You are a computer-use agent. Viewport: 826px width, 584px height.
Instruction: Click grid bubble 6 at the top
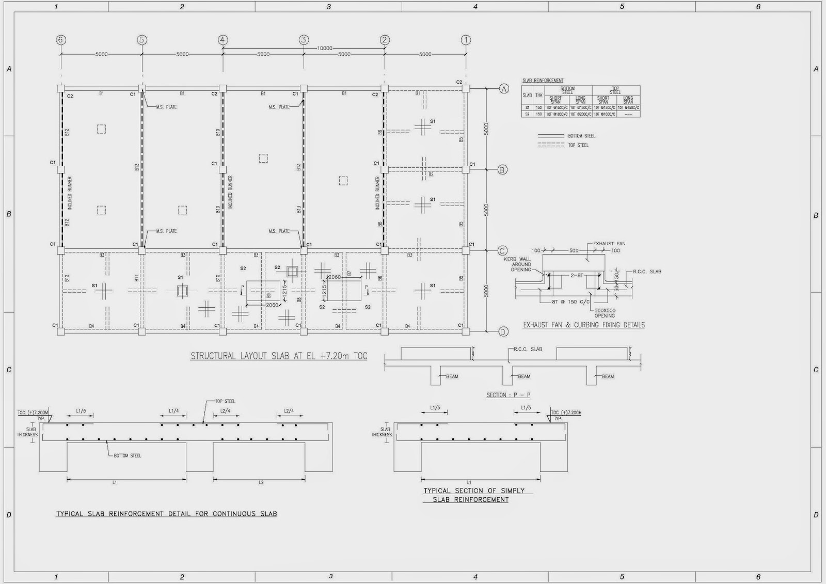61,40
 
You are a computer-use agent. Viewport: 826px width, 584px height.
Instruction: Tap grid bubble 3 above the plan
304,40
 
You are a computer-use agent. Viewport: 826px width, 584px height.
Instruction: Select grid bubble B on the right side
502,169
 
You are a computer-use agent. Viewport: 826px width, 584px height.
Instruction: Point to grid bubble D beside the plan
503,332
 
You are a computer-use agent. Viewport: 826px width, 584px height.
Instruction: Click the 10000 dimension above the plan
325,48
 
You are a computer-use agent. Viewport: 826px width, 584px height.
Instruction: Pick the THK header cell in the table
539,95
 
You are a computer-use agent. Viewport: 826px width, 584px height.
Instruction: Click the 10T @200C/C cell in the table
581,114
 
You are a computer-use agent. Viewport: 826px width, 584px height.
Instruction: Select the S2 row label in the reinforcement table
527,114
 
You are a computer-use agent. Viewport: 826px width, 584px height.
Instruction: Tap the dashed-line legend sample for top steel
551,145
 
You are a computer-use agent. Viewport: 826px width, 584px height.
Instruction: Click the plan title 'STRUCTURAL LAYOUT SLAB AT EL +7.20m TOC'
279,356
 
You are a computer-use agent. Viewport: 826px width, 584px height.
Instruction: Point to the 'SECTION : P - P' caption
509,395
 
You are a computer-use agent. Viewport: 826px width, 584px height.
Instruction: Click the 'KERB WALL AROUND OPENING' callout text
521,264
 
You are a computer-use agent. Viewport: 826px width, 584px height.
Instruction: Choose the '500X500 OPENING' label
605,313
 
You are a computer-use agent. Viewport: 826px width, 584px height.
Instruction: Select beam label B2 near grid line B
431,175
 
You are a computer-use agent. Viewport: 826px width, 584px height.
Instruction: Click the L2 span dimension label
261,482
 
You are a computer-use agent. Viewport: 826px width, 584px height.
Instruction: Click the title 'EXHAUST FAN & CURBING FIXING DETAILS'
584,325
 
